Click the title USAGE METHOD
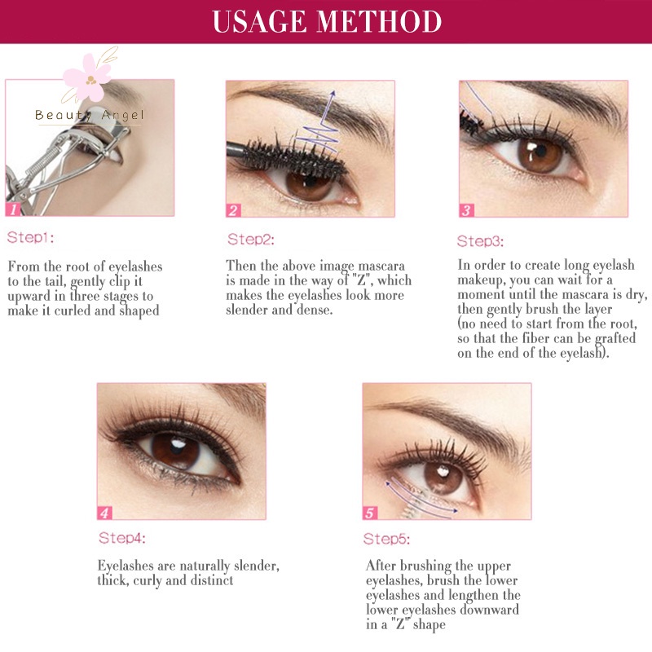[x=326, y=22]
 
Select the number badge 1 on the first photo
[x=13, y=209]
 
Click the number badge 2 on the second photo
[x=234, y=210]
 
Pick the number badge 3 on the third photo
[x=466, y=210]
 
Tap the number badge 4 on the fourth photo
[x=104, y=513]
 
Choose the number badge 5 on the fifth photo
[x=370, y=513]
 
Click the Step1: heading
[x=31, y=239]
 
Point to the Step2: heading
[x=251, y=240]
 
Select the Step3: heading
[x=480, y=241]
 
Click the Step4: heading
[x=123, y=539]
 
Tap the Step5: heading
[x=387, y=540]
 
